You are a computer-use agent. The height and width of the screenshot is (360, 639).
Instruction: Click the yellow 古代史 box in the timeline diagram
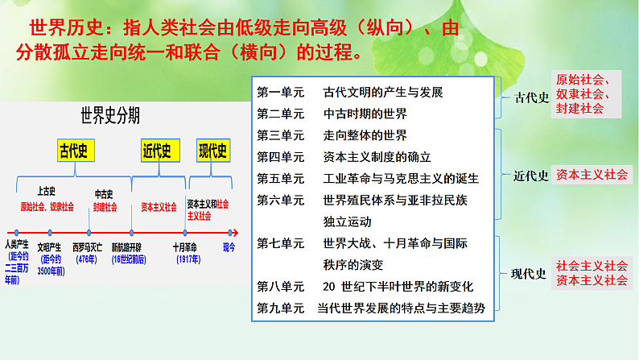77,151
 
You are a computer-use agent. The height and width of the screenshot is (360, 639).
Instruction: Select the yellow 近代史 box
157,151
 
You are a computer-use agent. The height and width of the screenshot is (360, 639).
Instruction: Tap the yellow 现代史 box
212,151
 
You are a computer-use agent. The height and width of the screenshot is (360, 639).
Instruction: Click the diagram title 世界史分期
109,115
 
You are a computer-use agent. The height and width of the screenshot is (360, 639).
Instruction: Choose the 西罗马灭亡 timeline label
89,246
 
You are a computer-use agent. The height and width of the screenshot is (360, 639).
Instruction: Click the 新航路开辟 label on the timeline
129,246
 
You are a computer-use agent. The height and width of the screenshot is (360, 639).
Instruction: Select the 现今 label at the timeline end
229,246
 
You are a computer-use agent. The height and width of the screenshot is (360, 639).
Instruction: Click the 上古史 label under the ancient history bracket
47,191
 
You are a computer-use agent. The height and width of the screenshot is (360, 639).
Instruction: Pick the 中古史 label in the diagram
104,194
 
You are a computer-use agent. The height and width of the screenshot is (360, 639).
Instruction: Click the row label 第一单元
280,92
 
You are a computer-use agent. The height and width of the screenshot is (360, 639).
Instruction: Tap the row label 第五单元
280,178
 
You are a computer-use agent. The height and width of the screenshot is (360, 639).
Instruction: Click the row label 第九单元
280,308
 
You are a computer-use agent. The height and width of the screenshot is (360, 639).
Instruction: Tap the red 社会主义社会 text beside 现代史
592,266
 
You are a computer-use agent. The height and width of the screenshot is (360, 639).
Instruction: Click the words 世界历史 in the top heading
65,29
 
